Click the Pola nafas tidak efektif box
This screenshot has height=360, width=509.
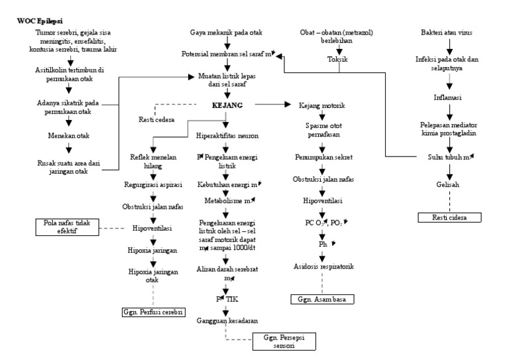click(66, 225)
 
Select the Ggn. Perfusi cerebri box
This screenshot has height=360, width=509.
click(152, 311)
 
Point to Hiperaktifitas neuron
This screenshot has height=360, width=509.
click(227, 136)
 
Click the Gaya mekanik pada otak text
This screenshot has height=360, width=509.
click(227, 32)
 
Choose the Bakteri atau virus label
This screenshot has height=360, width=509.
click(450, 32)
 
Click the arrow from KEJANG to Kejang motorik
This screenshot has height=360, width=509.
click(272, 105)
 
